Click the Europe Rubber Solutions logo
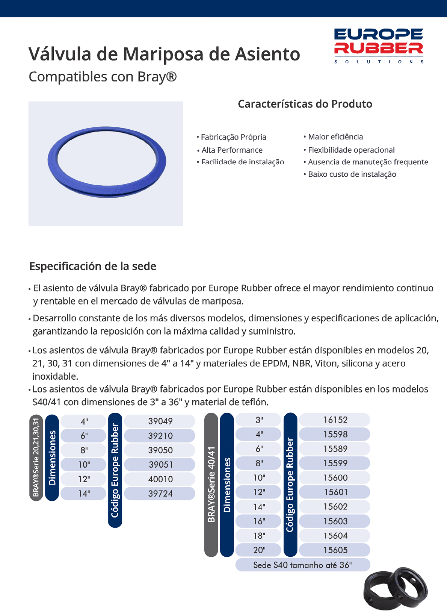click(x=379, y=45)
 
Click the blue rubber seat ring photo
click(x=107, y=162)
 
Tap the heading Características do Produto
click(x=305, y=104)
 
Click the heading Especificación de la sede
click(x=93, y=266)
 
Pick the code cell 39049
click(x=160, y=421)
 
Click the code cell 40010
click(x=160, y=479)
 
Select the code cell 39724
click(x=160, y=493)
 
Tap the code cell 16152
click(x=335, y=420)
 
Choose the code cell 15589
click(x=335, y=448)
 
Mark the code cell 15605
click(x=335, y=550)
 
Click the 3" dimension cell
click(x=259, y=420)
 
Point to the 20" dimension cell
click(x=259, y=550)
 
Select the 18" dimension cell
click(x=259, y=535)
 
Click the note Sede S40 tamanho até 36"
click(x=302, y=565)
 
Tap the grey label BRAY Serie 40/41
click(x=211, y=485)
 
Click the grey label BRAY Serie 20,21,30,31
click(x=36, y=457)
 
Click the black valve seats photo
click(x=396, y=588)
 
